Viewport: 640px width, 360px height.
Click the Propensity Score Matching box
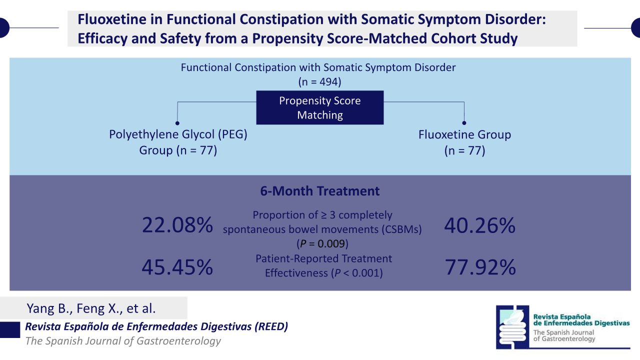tap(319, 107)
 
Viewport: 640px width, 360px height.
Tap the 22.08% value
tap(177, 225)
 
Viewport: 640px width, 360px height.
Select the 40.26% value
tap(479, 225)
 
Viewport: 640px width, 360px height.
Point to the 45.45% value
tap(177, 267)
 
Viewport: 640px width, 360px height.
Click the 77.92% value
tap(480, 267)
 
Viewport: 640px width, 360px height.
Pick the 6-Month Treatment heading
tap(319, 191)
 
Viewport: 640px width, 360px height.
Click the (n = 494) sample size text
tap(319, 81)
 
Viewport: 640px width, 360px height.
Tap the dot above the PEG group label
tap(177, 123)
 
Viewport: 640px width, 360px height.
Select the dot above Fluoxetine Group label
tap(464, 123)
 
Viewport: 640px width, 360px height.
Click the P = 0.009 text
tap(322, 243)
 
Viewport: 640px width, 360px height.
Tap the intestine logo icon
tap(512, 327)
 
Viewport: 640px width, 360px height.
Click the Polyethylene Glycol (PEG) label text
tap(178, 134)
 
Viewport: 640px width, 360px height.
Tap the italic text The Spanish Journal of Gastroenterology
tap(123, 341)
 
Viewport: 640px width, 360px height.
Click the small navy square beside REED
tap(10, 329)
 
